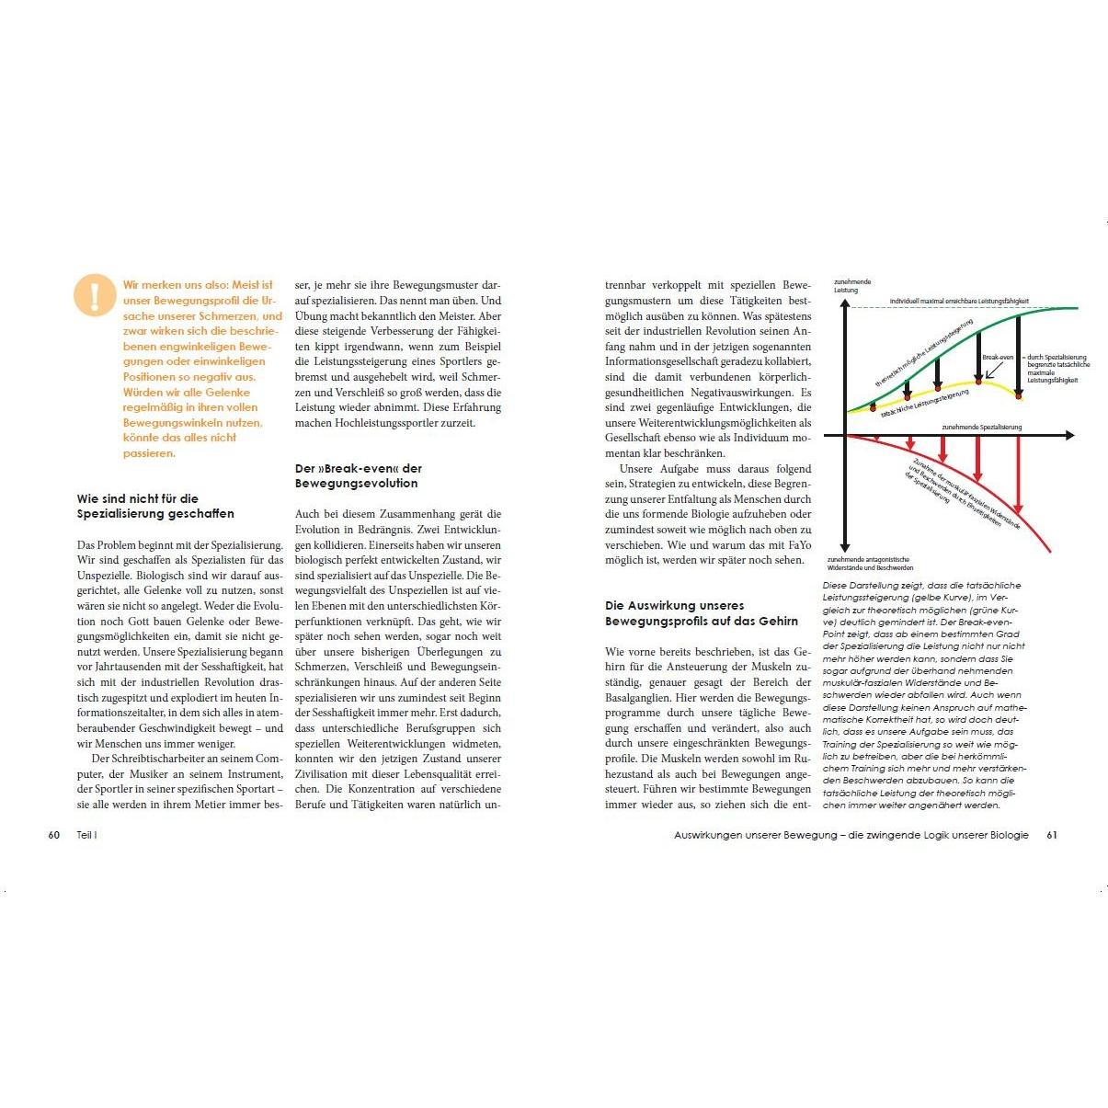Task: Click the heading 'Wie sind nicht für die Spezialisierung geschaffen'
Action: point(155,506)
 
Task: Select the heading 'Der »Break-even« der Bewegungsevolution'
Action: point(358,475)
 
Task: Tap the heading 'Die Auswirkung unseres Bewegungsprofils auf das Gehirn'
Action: point(701,613)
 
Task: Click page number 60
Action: point(53,835)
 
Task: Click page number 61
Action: point(1052,835)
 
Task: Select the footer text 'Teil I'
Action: point(87,835)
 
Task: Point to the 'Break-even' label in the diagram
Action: point(997,357)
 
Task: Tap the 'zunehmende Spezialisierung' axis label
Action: point(981,428)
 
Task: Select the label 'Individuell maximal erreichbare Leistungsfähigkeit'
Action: point(958,301)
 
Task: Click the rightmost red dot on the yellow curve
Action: point(1019,396)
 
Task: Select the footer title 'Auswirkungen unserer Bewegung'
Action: point(754,835)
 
